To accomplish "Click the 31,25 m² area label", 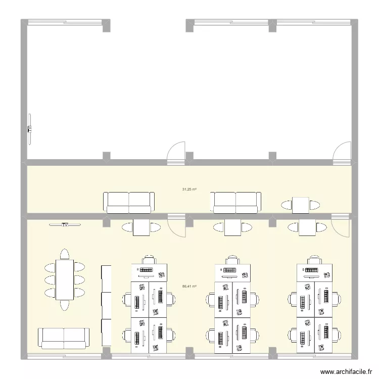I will [x=189, y=189].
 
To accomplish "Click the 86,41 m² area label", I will [x=189, y=287].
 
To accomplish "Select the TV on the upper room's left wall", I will [x=29, y=129].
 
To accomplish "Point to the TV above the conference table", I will [x=65, y=225].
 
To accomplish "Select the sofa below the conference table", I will [x=64, y=338].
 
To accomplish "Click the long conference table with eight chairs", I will [x=64, y=279].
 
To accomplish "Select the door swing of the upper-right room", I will [x=341, y=152].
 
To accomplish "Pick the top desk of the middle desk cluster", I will [x=232, y=273].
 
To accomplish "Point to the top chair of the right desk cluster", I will [x=315, y=259].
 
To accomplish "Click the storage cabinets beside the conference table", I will [x=106, y=305].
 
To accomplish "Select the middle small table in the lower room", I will [x=232, y=227].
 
